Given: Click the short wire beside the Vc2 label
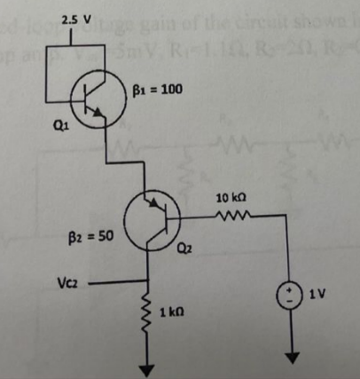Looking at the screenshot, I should click(106, 287).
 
